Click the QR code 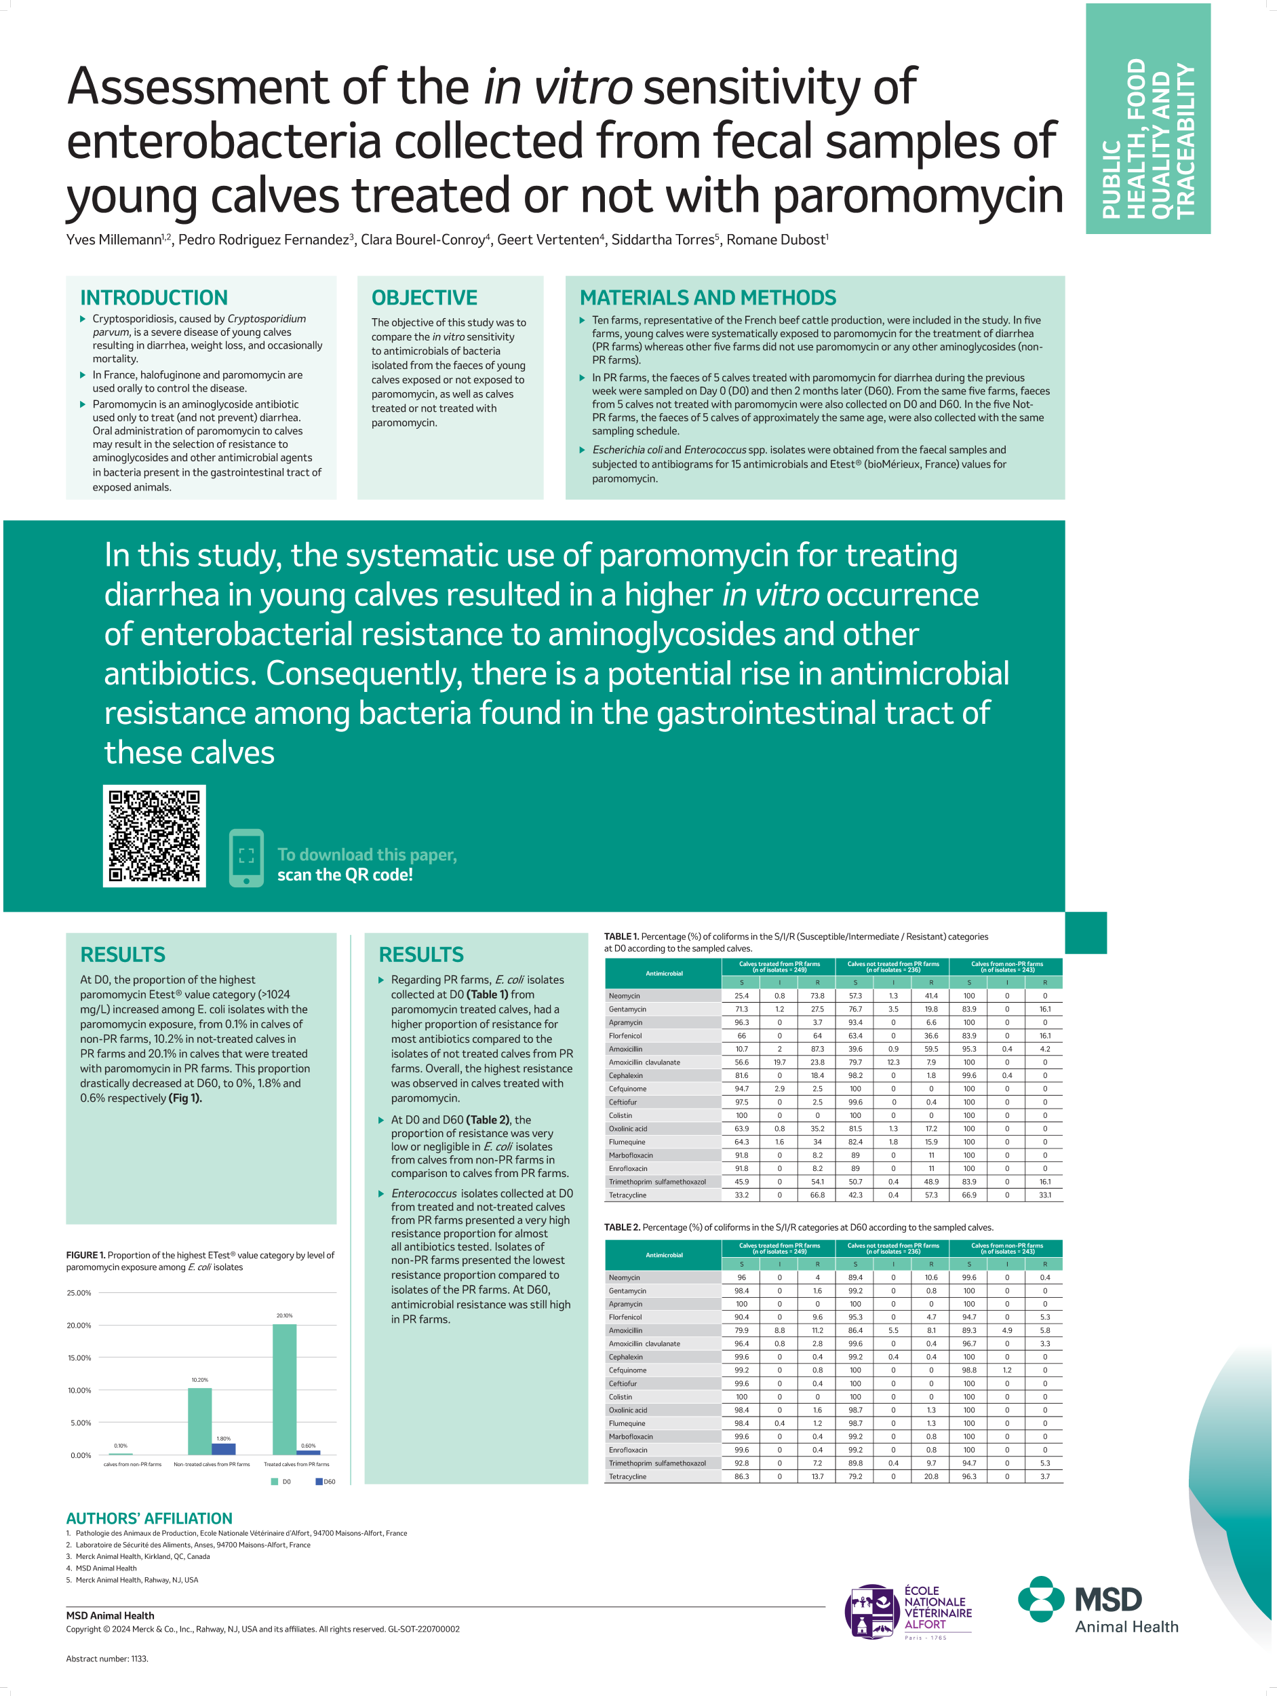154,836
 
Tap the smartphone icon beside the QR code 246,857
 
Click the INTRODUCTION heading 154,298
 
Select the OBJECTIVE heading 424,298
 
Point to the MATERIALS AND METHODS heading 707,298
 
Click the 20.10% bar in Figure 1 284,1389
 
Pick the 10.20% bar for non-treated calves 200,1421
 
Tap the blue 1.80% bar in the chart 224,1448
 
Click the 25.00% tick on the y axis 79,1293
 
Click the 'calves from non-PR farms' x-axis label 133,1464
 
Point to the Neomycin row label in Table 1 625,996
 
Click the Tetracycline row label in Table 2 628,1476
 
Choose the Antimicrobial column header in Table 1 664,973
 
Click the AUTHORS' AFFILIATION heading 149,1518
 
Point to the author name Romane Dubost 777,240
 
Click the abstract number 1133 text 107,1659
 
